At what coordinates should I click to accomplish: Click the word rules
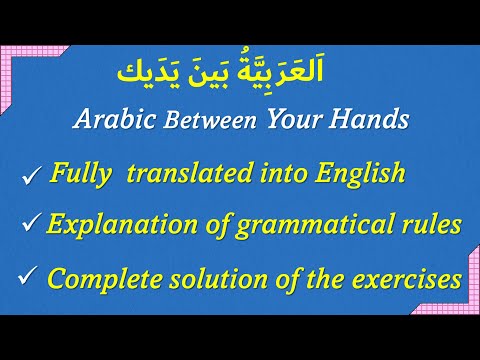432,225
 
